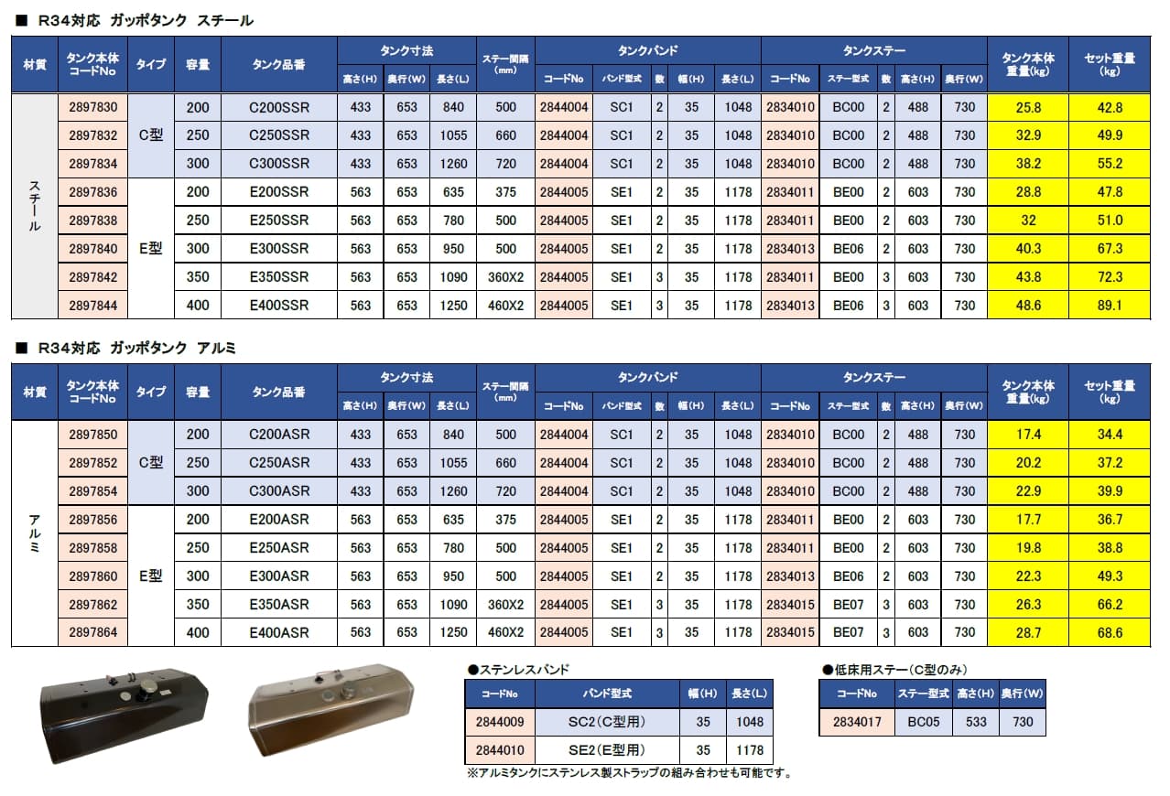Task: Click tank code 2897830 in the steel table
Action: [x=93, y=108]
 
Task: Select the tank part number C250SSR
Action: [x=279, y=135]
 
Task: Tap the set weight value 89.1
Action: [x=1110, y=306]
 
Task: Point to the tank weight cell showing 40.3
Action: [x=1028, y=249]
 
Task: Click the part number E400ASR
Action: [x=279, y=632]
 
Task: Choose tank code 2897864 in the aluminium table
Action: [x=93, y=632]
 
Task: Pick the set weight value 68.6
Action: [x=1110, y=632]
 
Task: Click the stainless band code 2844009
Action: [x=500, y=722]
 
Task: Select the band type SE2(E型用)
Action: [x=607, y=750]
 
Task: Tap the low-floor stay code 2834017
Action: [x=857, y=722]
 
